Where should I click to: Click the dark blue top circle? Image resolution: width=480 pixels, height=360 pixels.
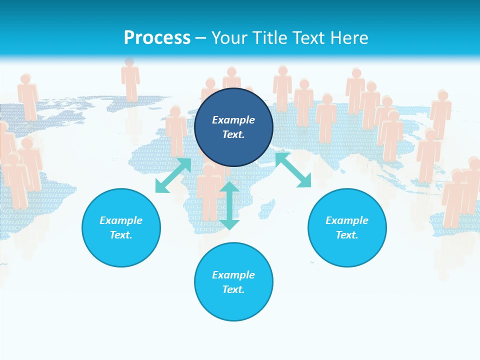point(233,127)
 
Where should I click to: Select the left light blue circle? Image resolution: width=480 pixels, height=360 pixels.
point(121,227)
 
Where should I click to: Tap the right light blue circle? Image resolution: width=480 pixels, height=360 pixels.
point(347,227)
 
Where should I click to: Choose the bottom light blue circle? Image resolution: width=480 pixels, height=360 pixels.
point(233,282)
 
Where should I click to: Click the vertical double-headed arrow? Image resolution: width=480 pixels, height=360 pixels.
point(229,205)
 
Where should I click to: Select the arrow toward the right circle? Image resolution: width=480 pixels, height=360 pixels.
point(293,170)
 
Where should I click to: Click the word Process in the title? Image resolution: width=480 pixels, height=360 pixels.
point(157,38)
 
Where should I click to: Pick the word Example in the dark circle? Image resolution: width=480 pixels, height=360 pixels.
point(233,120)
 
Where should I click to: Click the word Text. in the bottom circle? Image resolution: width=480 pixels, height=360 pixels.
point(233,289)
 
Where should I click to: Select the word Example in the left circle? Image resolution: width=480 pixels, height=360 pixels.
point(121,220)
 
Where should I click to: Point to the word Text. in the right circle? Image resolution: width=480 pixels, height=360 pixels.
point(347,235)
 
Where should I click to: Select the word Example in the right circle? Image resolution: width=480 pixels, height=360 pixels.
point(347,220)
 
